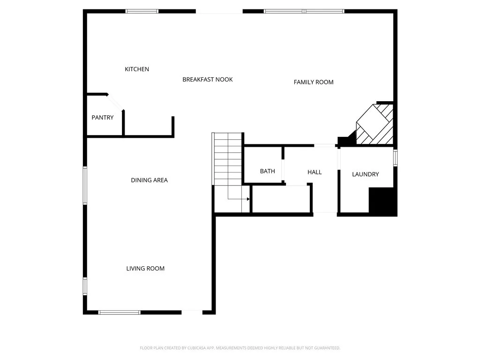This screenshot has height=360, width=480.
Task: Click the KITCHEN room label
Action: [x=137, y=69]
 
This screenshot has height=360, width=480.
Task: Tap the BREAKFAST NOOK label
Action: [x=207, y=80]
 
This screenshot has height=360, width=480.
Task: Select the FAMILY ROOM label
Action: [x=314, y=82]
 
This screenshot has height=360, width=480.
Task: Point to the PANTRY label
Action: [x=102, y=118]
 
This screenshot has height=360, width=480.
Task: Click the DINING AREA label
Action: [x=149, y=180]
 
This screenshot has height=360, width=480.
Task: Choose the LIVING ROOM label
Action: [x=145, y=269]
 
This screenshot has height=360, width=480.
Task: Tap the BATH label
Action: [x=267, y=172]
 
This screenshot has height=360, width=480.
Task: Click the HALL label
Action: [x=315, y=172]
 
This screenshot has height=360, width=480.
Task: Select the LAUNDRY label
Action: [x=365, y=174]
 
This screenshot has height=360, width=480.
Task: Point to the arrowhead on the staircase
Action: [x=248, y=199]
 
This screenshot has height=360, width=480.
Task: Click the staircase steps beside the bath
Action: [x=228, y=159]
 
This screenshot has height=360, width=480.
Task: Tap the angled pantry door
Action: [x=115, y=102]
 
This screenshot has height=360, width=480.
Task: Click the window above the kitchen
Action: [x=142, y=11]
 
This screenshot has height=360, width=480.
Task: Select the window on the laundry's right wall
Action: [x=396, y=157]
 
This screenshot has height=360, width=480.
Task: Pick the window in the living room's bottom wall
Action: [x=119, y=312]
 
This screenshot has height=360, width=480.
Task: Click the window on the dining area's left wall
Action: [x=85, y=186]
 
